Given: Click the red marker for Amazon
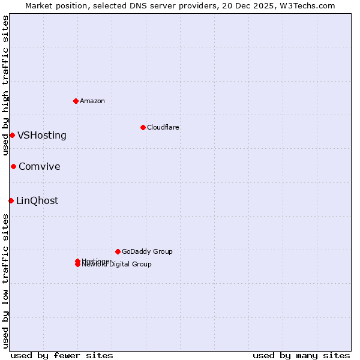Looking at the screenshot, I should click(x=76, y=101).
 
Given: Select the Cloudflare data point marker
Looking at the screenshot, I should click(x=143, y=127).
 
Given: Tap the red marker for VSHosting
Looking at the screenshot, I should click(x=12, y=135).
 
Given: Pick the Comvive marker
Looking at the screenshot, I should click(x=13, y=166).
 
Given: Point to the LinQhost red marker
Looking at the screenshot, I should click(x=11, y=200).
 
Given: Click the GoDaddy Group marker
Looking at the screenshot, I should click(x=118, y=251).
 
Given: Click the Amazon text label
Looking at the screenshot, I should click(x=92, y=101).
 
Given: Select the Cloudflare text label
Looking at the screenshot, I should click(x=163, y=127).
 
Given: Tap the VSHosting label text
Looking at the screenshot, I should click(x=42, y=135).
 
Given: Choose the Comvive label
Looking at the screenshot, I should click(x=40, y=166).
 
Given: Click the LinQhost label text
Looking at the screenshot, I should click(x=37, y=200).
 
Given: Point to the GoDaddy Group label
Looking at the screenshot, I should click(x=147, y=251).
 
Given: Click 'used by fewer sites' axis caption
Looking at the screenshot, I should click(x=62, y=355).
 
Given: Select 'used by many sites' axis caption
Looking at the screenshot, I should click(x=301, y=355).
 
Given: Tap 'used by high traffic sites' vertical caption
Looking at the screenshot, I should click(x=5, y=85).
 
